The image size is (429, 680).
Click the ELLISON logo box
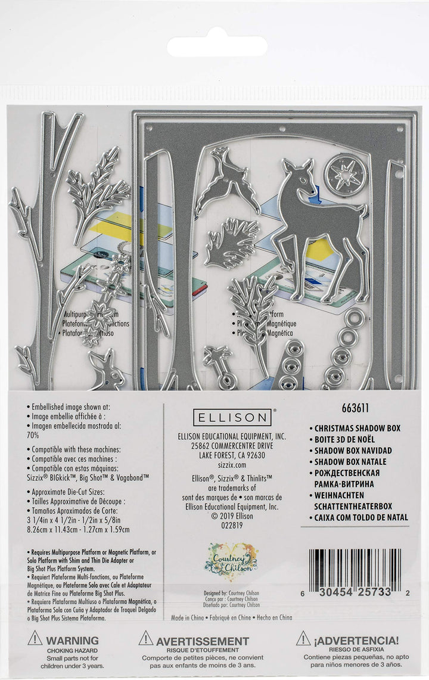[x=231, y=417]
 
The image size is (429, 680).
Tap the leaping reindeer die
[x=226, y=181]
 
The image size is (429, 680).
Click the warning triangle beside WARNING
[x=36, y=639]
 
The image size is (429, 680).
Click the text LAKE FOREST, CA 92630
[x=231, y=455]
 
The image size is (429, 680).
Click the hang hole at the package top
[x=217, y=46]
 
